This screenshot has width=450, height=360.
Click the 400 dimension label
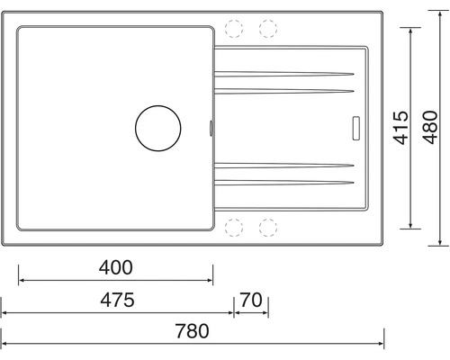[116, 267]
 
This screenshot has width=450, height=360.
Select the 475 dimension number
[117, 300]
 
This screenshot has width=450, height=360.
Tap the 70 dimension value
[251, 300]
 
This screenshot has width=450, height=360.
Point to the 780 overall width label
[192, 331]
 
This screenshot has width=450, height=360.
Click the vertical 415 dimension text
[401, 128]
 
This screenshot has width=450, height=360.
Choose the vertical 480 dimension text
[430, 127]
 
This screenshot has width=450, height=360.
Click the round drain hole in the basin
[158, 128]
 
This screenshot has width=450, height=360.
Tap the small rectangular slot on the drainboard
[356, 128]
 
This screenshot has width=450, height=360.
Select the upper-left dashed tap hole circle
[234, 29]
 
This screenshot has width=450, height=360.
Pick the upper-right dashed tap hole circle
[268, 29]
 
